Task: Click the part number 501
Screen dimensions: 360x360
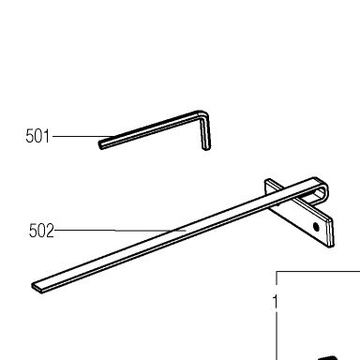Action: [x=37, y=136]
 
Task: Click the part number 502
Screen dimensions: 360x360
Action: [x=41, y=231]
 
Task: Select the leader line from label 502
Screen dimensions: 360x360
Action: [x=120, y=231]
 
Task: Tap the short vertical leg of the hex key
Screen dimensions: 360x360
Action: [x=205, y=133]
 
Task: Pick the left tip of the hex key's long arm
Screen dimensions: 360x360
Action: [x=100, y=145]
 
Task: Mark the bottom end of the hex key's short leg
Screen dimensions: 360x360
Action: [x=206, y=148]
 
